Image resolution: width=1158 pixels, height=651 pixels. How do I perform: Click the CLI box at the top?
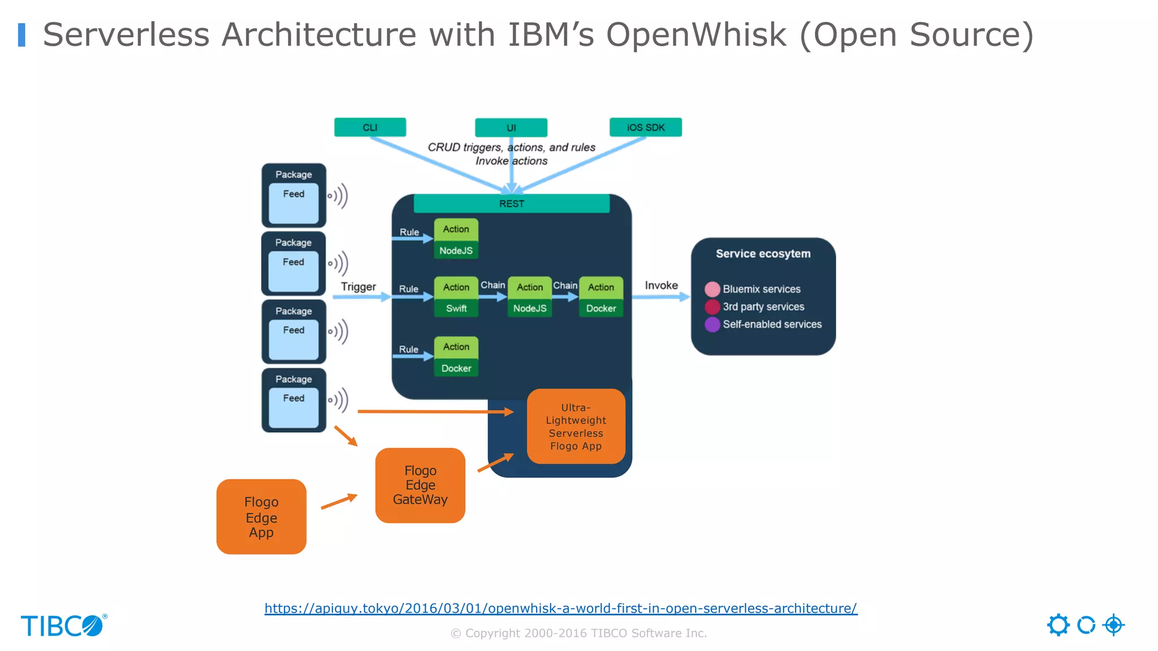point(370,127)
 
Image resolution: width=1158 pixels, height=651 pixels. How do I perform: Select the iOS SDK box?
point(645,127)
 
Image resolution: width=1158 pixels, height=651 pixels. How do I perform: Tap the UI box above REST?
point(511,128)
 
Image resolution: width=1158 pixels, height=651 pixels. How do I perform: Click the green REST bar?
point(511,203)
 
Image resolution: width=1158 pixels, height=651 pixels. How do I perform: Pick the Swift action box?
point(456,308)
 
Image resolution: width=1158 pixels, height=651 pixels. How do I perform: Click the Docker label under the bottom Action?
point(456,368)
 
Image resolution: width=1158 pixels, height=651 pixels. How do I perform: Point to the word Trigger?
point(358,287)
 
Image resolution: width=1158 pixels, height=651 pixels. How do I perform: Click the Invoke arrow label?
point(660,285)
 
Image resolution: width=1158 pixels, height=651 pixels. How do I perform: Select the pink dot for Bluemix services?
point(712,289)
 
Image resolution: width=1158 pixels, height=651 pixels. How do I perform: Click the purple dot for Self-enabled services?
point(712,324)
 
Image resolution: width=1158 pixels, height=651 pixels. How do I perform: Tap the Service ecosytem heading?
point(763,254)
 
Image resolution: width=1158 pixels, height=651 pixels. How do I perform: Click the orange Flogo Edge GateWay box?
point(420,485)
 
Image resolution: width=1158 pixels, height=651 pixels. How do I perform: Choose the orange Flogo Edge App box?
point(261,517)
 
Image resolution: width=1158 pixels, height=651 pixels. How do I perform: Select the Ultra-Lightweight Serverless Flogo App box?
point(576,427)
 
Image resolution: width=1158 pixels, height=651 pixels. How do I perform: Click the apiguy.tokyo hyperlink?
point(560,608)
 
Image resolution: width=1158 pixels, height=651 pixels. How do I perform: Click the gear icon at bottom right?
point(1058,625)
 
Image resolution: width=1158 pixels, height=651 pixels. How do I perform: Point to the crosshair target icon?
point(1113,625)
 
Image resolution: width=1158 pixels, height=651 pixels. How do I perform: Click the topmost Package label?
point(293,175)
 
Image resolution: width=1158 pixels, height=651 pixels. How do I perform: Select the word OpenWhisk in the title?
point(696,34)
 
